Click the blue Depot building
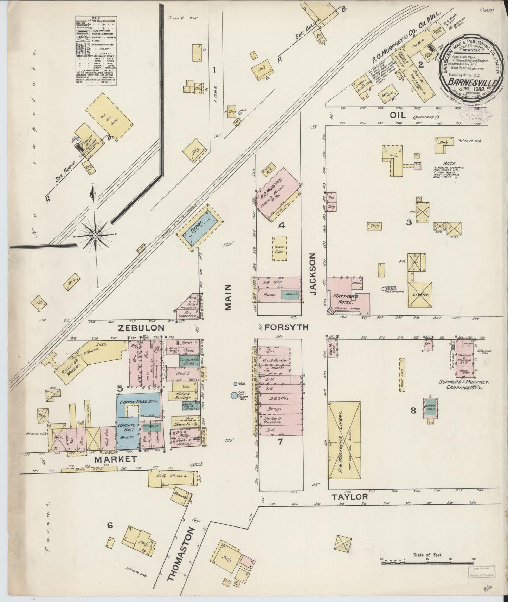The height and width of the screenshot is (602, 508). (x=199, y=229)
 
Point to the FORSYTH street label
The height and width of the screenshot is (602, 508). (x=286, y=327)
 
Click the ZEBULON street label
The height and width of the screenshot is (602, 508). (x=141, y=328)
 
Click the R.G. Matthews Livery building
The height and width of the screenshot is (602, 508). (x=344, y=440)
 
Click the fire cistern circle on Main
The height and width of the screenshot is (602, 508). (x=234, y=395)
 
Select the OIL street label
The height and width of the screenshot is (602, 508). (x=398, y=115)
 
